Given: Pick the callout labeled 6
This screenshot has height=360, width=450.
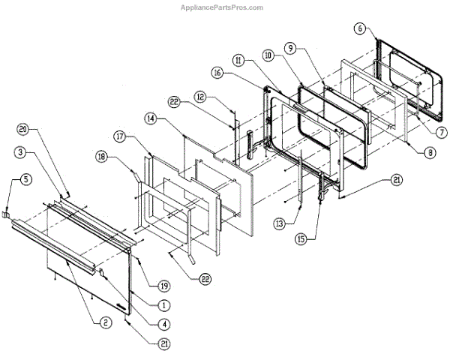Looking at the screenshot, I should [x=360, y=28].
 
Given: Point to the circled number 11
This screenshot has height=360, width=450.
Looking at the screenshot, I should [x=238, y=59].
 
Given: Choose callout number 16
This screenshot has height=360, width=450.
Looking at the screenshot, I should [x=217, y=73].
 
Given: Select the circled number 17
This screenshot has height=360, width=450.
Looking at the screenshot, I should [x=119, y=136].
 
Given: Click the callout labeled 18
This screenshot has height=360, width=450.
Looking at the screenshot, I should [x=101, y=157].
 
